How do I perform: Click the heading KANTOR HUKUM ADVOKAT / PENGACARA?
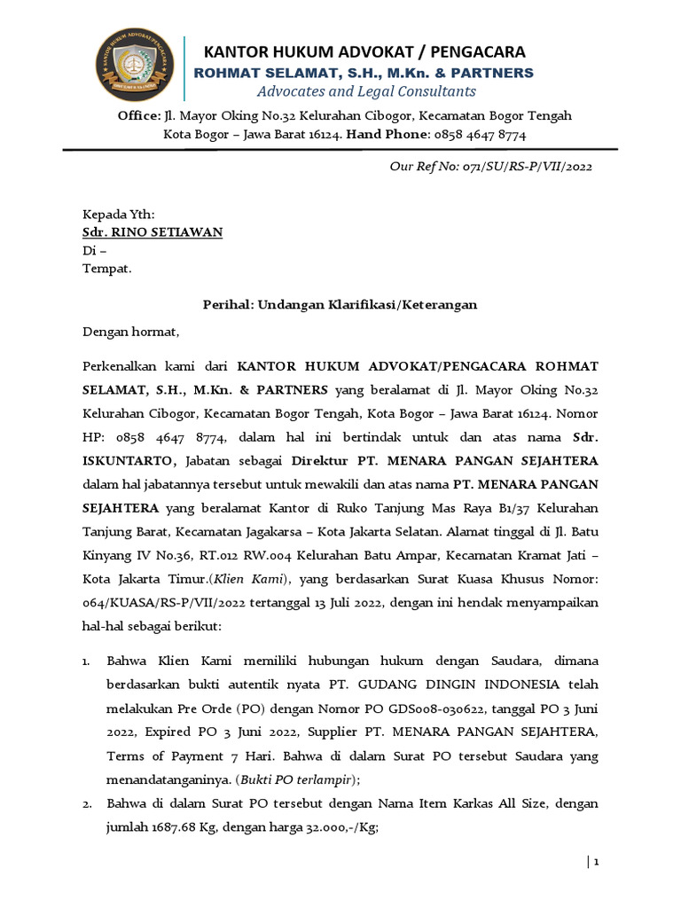coord(365,51)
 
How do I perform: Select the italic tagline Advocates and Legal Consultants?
coord(366,91)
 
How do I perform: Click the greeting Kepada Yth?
coord(119,215)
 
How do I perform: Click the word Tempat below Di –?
coord(106,269)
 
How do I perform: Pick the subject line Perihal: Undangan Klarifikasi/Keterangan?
coord(340,304)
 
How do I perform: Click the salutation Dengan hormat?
coord(130,333)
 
